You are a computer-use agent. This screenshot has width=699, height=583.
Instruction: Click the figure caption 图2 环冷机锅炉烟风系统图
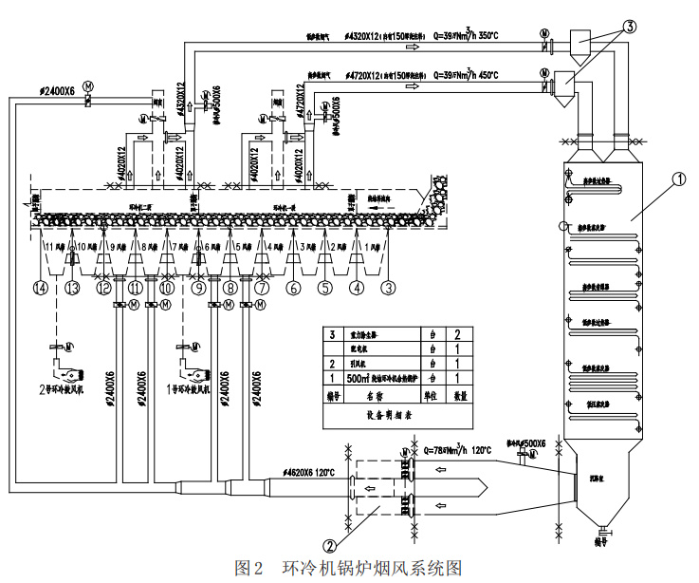(348, 568)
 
